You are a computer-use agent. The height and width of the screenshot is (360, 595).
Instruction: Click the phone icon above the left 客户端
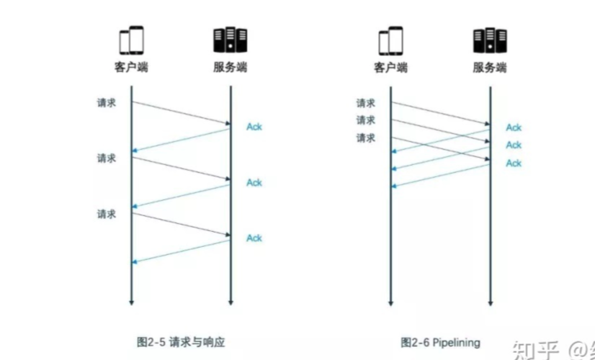tap(131, 40)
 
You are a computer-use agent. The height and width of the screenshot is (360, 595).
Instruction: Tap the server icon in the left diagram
tap(230, 40)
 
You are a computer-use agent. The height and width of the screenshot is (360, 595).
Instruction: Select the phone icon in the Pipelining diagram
tap(391, 40)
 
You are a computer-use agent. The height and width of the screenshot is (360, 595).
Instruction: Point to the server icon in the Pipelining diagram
tap(490, 40)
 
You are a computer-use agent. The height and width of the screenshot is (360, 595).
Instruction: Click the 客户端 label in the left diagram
tap(131, 68)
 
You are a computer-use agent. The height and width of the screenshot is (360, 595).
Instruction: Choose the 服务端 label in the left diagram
tap(230, 68)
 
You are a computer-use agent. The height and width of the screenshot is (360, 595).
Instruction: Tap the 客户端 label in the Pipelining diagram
tap(391, 68)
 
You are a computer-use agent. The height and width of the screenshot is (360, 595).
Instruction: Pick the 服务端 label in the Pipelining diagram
tap(490, 68)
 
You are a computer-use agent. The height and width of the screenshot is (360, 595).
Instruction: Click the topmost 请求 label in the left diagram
tap(107, 102)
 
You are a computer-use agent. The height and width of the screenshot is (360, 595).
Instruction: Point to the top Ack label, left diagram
tap(254, 127)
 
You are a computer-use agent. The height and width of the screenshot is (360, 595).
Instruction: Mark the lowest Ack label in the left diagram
tap(254, 238)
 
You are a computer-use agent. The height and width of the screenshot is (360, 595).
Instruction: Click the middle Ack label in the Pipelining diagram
tap(514, 145)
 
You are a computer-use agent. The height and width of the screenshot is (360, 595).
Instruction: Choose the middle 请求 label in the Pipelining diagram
tap(366, 120)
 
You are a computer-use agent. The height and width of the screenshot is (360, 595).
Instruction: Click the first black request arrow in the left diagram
tap(180, 113)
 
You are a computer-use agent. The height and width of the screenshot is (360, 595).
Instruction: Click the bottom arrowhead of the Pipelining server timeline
tap(490, 302)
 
